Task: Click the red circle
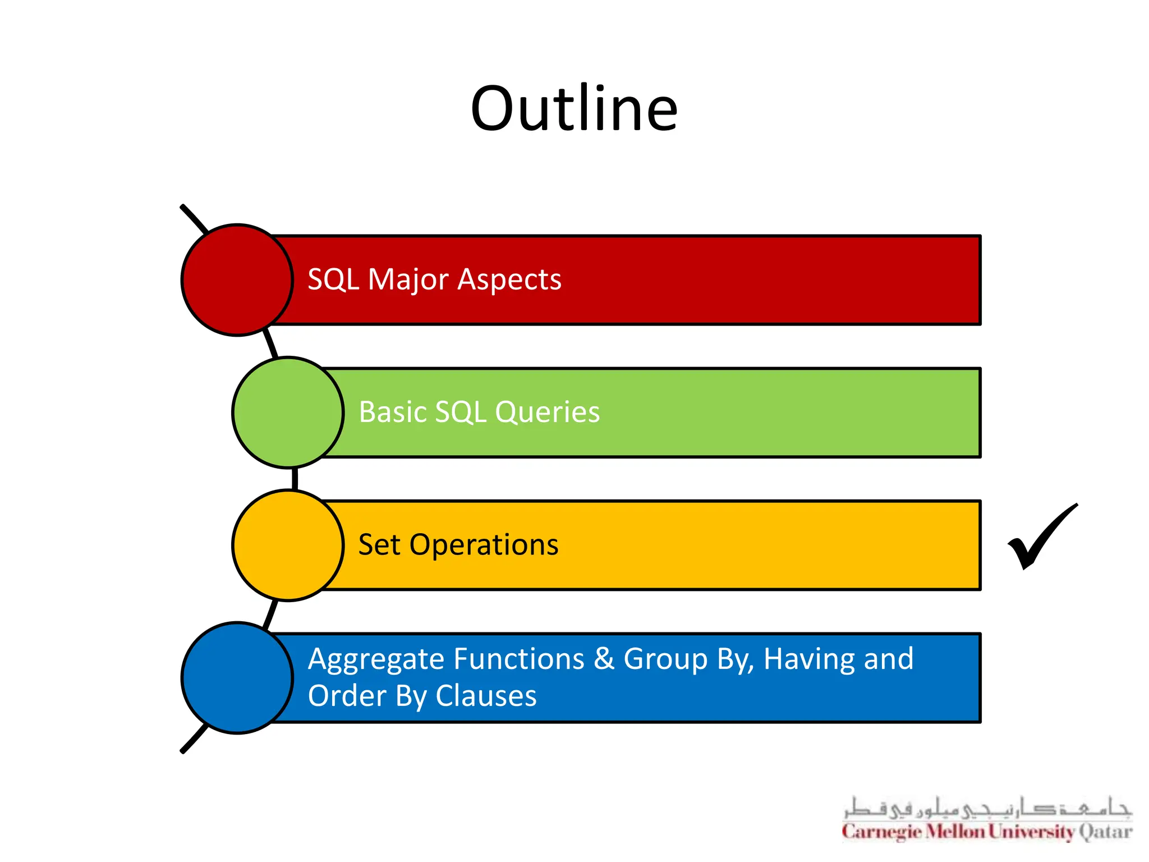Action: (237, 280)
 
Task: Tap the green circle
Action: (288, 412)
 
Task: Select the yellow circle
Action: (288, 545)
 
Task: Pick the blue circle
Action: (237, 678)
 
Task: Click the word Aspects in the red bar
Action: (509, 279)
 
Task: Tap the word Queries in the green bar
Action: (547, 412)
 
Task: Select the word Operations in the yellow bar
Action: (484, 545)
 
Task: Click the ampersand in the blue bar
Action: (604, 659)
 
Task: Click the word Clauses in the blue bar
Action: (486, 696)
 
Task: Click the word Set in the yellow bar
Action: (379, 545)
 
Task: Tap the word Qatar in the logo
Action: (1105, 832)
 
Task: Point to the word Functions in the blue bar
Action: (519, 659)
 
